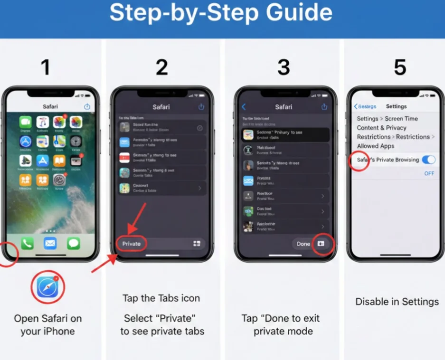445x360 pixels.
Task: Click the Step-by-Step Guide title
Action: click(221, 14)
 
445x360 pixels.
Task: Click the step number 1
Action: click(46, 68)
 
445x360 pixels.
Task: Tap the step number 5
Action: click(400, 68)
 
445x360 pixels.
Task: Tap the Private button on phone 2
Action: click(132, 244)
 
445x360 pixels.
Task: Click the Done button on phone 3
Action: click(303, 244)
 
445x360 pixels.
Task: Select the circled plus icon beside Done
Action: click(321, 244)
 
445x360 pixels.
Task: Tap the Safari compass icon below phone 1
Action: click(47, 287)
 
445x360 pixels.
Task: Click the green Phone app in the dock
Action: click(27, 244)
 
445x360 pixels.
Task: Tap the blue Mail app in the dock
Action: click(50, 244)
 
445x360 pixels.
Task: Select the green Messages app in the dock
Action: click(73, 244)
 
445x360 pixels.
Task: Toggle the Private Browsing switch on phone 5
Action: click(428, 160)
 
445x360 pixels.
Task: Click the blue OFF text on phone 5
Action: click(429, 173)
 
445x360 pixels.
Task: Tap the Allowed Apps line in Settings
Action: click(376, 146)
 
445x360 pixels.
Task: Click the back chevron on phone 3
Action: click(244, 107)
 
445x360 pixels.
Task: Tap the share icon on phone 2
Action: click(201, 107)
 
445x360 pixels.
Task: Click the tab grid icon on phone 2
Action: click(197, 244)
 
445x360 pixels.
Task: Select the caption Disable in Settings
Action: click(397, 302)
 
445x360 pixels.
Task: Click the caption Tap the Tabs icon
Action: click(161, 298)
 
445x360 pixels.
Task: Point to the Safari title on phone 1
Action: click(50, 106)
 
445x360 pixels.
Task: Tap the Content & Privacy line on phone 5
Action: click(382, 128)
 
